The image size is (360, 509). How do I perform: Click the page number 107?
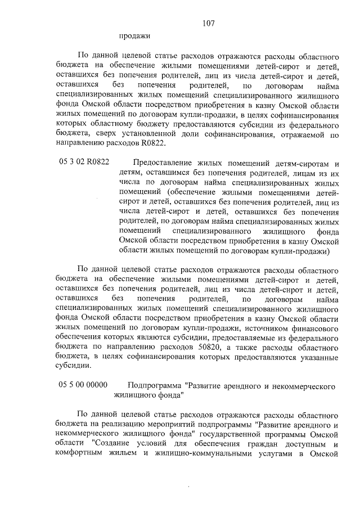(208, 24)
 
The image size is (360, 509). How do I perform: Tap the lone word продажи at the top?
(134, 37)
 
